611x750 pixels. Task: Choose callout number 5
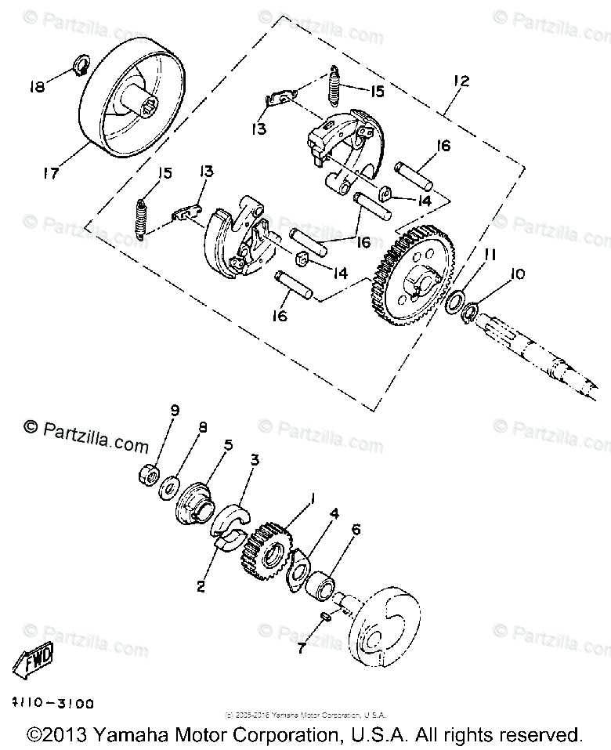(x=228, y=445)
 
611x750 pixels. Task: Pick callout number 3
(x=255, y=459)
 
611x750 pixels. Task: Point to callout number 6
(x=356, y=530)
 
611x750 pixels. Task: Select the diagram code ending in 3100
(x=52, y=705)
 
